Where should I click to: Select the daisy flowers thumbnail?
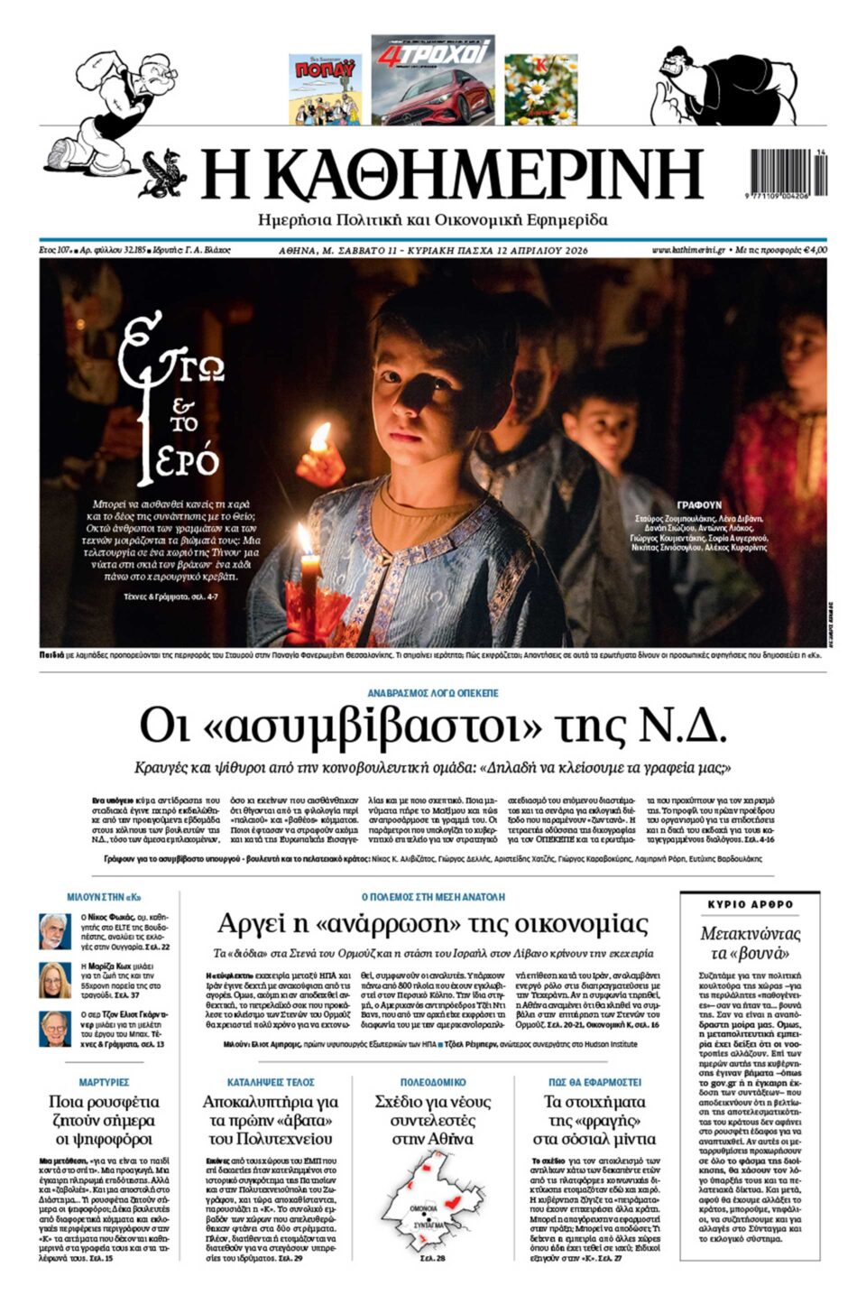(540, 89)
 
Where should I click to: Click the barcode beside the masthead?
(787, 171)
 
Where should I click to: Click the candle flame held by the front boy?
(319, 439)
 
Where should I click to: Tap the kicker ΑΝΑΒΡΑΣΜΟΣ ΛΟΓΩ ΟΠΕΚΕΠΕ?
(433, 693)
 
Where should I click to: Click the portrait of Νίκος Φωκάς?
(54, 931)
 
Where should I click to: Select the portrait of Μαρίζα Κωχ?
(54, 980)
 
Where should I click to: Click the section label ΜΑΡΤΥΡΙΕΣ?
(104, 1081)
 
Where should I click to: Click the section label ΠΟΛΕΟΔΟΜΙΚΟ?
(433, 1081)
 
